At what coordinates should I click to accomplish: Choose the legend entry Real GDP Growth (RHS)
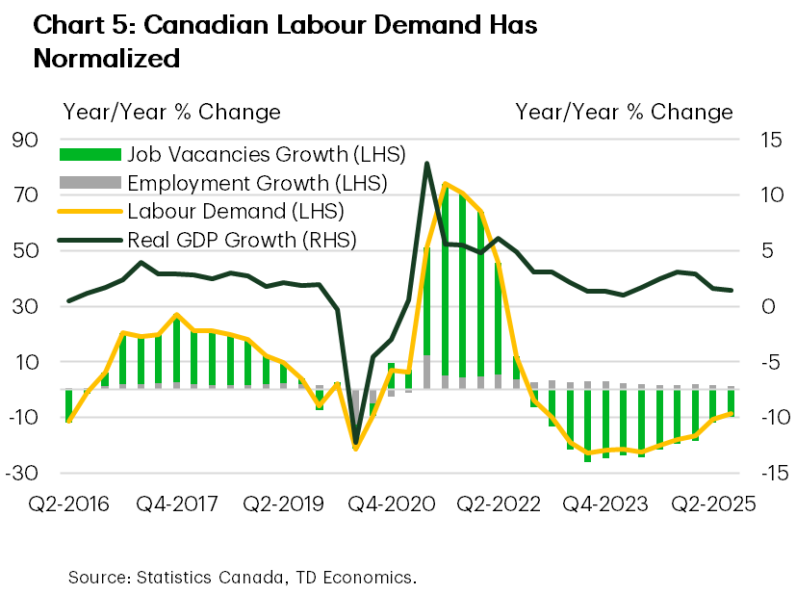click(x=241, y=240)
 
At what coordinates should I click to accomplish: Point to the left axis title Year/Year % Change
click(x=171, y=112)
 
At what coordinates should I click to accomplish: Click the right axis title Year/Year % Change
click(x=624, y=112)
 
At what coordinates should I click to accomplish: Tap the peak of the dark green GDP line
click(x=426, y=164)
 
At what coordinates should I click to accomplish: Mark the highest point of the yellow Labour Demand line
click(x=445, y=183)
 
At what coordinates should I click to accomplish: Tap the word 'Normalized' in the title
click(x=106, y=58)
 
